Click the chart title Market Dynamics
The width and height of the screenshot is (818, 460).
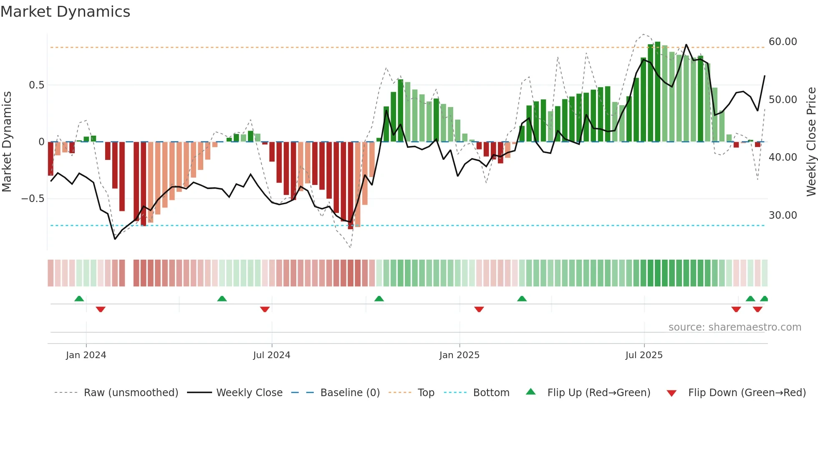point(66,12)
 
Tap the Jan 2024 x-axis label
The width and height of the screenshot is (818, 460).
point(86,355)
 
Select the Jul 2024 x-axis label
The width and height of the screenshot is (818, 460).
point(272,355)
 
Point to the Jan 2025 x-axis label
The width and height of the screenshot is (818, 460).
point(459,355)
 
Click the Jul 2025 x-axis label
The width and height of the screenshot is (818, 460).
point(644,355)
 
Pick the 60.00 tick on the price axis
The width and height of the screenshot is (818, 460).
point(783,42)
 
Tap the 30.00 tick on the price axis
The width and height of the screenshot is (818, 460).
point(783,215)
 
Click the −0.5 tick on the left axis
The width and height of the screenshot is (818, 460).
point(33,199)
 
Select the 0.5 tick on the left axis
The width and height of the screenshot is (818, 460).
point(37,85)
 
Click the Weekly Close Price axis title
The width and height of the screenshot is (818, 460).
point(811,142)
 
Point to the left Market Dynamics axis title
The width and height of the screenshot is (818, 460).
point(7,142)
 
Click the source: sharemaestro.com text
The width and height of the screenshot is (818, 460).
point(735,327)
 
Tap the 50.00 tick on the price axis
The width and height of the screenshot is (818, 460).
point(783,100)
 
